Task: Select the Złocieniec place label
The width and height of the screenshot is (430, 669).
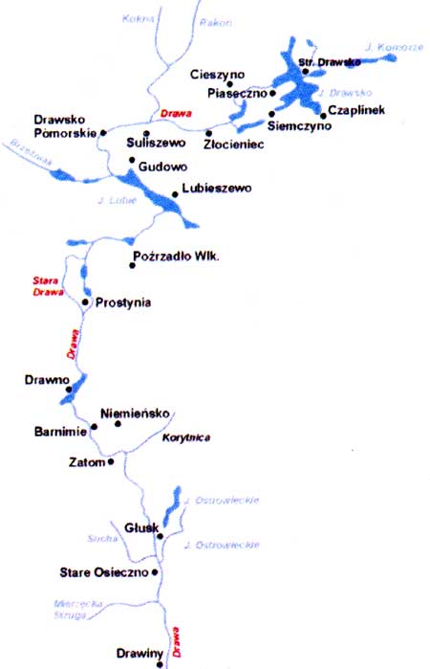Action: pos(234,144)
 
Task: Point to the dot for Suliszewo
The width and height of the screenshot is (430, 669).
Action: pos(146,133)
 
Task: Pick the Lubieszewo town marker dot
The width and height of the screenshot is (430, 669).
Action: pos(175,194)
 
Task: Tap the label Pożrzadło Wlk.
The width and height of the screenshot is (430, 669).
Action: pos(180,257)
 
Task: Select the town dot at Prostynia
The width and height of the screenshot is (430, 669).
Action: pos(85,302)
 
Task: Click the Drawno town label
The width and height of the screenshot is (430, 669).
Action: pos(47,380)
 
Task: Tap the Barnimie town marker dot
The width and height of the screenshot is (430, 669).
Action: pos(94,431)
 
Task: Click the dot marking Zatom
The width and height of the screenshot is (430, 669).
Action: pos(112,461)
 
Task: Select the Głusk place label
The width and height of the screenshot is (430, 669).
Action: pos(140,527)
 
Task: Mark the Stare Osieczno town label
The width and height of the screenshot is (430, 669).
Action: pos(102,572)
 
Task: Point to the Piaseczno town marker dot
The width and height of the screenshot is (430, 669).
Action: pos(272,94)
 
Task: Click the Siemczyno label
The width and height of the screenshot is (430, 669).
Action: pos(301,124)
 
